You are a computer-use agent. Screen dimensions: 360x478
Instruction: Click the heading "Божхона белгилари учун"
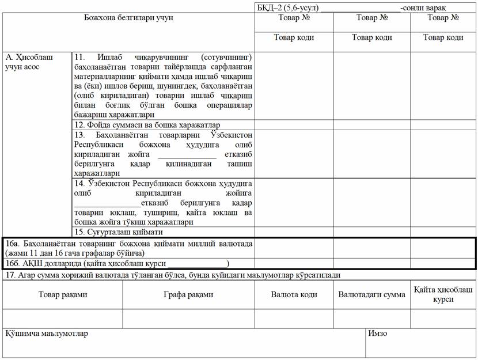point(128,18)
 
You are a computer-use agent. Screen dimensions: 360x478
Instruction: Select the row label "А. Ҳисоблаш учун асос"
point(30,62)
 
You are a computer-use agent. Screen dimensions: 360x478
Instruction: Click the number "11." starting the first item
point(80,58)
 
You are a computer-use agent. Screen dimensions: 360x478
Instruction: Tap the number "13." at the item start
point(80,135)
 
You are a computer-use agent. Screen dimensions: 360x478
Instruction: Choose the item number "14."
point(80,183)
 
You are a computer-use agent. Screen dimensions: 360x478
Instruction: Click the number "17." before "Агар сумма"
point(9,275)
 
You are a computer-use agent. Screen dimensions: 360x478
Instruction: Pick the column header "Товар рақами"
point(63,294)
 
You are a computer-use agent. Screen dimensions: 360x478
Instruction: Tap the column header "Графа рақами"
point(188,294)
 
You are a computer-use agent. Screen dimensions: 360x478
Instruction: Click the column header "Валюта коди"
point(294,294)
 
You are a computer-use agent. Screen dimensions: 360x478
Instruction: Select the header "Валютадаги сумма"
point(371,294)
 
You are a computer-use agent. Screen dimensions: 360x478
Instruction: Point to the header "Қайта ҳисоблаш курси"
point(443,294)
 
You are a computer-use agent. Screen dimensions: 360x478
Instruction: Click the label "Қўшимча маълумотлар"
point(47,334)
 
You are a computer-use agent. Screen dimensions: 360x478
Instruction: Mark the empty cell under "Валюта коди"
point(294,319)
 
